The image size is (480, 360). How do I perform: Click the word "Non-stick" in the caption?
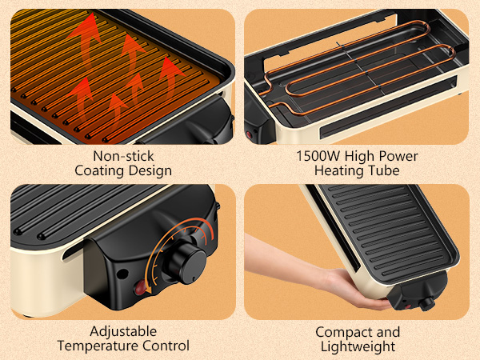point(123,155)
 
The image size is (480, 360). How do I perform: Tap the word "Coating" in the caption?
point(99,170)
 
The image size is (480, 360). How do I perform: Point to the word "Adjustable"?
point(123,331)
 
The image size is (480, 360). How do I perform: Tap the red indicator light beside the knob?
point(141,287)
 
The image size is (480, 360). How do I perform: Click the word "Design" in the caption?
point(151,170)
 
